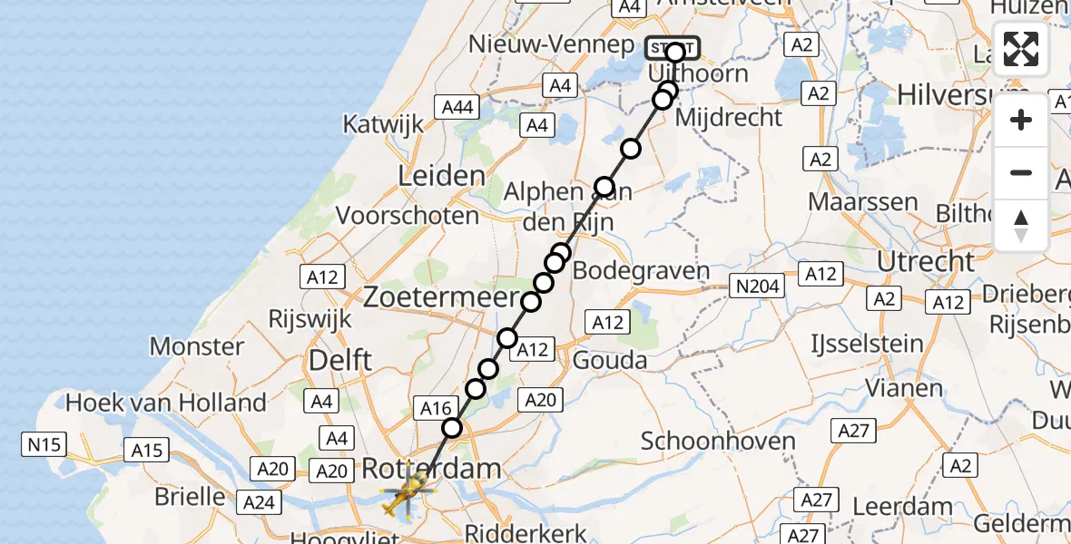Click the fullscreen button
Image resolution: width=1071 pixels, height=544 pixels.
click(x=1021, y=49)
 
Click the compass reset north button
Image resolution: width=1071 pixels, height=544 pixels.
click(x=1021, y=226)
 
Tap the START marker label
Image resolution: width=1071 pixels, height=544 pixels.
click(x=672, y=46)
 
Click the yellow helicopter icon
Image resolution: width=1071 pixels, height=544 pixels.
click(x=406, y=496)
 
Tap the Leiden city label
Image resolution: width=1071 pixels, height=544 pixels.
click(x=441, y=175)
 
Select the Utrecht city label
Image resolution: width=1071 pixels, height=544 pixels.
click(x=926, y=262)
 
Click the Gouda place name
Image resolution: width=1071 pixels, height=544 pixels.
click(x=610, y=361)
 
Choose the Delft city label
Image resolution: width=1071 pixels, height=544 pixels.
click(x=340, y=360)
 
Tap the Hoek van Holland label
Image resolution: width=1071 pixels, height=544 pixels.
click(x=166, y=402)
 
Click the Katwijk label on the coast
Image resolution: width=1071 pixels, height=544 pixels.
click(x=384, y=124)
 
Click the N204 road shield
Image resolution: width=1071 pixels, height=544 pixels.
click(x=757, y=287)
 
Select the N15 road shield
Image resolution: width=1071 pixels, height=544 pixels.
click(x=44, y=444)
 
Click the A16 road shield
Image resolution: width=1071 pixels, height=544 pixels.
click(x=435, y=409)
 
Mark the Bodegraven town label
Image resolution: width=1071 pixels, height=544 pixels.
click(x=642, y=270)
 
